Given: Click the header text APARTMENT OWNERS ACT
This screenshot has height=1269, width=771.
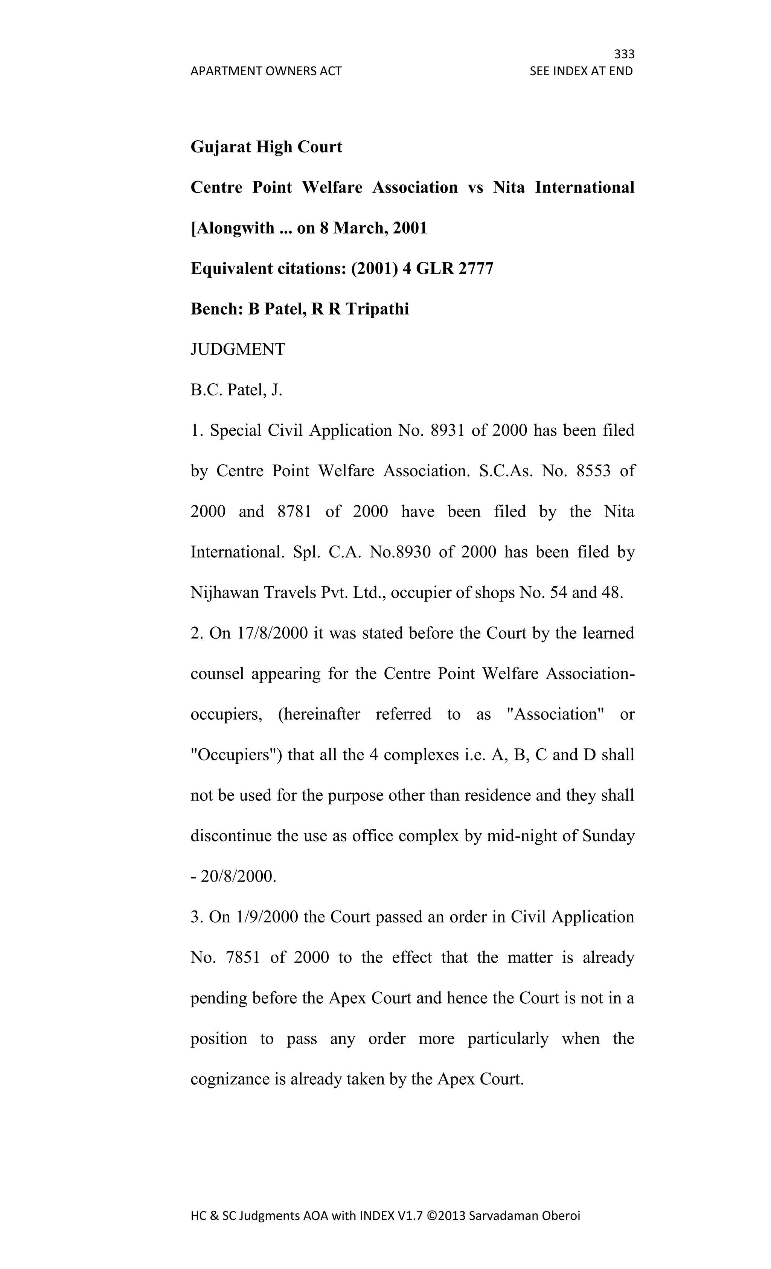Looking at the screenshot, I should pos(266,71).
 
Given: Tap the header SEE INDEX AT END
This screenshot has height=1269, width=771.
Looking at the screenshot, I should pos(581,71).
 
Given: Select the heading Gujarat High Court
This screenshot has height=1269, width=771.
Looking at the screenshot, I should pos(266,147).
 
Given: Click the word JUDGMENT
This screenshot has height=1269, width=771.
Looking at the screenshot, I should pos(238,350).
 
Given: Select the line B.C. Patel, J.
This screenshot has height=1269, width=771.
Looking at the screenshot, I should pos(236,390).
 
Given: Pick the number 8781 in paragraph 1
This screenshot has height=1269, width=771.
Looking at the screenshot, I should pos(294,511).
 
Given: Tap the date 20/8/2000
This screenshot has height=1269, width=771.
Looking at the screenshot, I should pos(238,877).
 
